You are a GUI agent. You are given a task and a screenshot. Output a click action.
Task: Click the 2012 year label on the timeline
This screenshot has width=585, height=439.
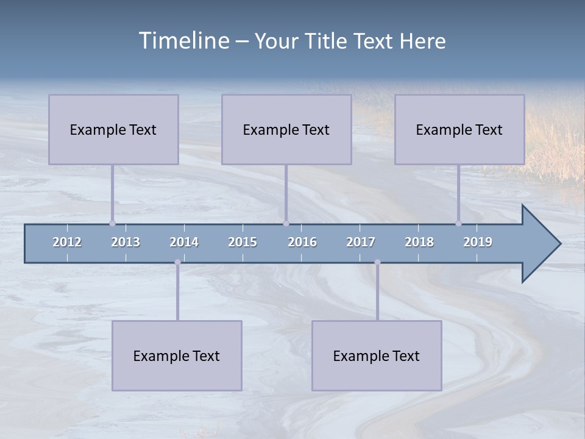click(67, 242)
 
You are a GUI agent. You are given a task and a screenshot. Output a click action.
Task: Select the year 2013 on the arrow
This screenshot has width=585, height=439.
click(126, 242)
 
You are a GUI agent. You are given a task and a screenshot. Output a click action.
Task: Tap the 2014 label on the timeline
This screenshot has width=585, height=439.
click(184, 242)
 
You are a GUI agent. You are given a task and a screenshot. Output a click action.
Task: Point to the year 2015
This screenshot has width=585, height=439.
click(243, 242)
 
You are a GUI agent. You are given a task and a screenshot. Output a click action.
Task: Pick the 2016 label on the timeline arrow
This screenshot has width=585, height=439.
click(302, 242)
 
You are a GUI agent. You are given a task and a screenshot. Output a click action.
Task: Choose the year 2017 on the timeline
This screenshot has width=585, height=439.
click(361, 242)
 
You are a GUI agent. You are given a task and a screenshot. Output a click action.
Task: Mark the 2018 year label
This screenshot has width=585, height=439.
click(419, 242)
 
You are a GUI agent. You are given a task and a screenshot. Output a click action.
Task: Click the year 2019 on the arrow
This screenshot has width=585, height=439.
click(478, 242)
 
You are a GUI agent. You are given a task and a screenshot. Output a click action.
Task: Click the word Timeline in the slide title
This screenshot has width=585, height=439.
click(183, 41)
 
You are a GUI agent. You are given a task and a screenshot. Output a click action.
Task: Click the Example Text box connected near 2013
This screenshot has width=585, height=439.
click(113, 129)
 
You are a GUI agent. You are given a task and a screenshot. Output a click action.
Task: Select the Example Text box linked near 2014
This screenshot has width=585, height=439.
click(177, 355)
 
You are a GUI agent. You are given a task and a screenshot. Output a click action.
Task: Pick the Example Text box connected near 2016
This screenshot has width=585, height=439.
click(286, 129)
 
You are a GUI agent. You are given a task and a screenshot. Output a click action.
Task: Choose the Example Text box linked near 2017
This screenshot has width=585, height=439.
click(377, 355)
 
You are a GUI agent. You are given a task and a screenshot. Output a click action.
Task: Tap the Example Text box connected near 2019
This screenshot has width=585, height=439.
click(459, 129)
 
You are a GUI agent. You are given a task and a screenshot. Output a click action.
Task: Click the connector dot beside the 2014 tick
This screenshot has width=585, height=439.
click(177, 262)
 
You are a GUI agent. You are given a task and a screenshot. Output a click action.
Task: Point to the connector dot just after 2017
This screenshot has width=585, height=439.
click(377, 262)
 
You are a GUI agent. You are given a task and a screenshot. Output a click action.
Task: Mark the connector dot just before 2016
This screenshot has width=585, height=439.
click(286, 223)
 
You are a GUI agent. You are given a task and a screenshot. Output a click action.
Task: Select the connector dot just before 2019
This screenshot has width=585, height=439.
click(458, 223)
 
